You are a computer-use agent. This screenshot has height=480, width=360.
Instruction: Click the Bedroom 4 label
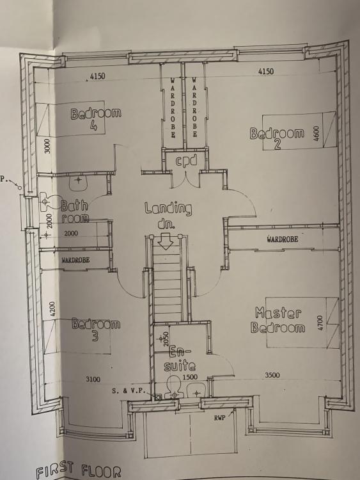(96, 118)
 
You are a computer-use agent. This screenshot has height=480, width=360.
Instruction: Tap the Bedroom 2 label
(277, 138)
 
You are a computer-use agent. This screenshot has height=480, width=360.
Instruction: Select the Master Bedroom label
(278, 320)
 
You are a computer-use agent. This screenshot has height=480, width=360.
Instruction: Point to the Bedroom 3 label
(96, 330)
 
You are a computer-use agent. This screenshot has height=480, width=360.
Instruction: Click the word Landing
(168, 209)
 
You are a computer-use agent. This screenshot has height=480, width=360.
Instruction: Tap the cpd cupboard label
(185, 161)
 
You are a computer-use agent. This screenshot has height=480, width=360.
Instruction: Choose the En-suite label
(180, 358)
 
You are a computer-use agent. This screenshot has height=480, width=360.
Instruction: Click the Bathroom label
(75, 211)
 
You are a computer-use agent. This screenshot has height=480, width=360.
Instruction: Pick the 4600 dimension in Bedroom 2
(317, 133)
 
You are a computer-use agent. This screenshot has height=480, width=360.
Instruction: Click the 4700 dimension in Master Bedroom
(320, 323)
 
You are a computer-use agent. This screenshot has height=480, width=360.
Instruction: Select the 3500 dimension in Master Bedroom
(272, 375)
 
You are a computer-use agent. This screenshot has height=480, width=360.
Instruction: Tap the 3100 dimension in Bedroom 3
(93, 380)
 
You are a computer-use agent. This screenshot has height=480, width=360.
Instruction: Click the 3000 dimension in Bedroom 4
(47, 146)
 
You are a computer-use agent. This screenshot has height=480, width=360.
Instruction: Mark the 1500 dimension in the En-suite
(190, 377)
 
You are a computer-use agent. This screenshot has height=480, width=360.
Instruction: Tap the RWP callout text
(220, 417)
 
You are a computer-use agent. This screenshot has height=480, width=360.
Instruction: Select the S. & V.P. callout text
(130, 390)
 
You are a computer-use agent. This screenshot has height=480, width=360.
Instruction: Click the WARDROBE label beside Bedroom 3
(75, 260)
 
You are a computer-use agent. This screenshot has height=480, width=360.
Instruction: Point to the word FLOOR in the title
(101, 471)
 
